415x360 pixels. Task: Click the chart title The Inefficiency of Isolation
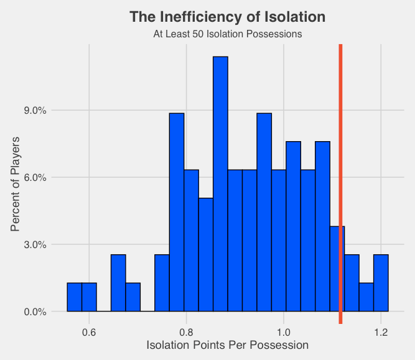(x=227, y=17)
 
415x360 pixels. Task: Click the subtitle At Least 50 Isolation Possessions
(x=227, y=34)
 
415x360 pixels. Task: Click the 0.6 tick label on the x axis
(x=89, y=331)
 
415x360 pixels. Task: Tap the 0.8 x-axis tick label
(x=187, y=331)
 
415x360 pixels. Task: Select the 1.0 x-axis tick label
(x=284, y=331)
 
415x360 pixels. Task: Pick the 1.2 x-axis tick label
(x=381, y=331)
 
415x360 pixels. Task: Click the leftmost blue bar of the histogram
(x=75, y=297)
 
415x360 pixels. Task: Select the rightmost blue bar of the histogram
(x=381, y=283)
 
